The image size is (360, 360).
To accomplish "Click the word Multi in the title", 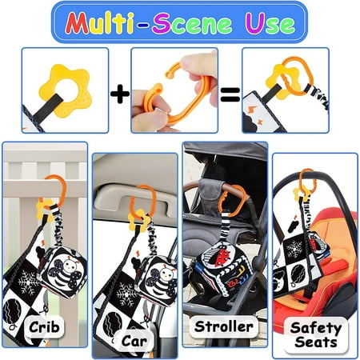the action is (x=100, y=23).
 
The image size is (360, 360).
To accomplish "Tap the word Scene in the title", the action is (x=192, y=23).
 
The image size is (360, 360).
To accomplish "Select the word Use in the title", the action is (x=270, y=23).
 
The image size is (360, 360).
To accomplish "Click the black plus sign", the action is (x=120, y=94).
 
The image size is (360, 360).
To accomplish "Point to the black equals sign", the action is (x=230, y=94).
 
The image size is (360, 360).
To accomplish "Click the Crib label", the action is (x=44, y=327).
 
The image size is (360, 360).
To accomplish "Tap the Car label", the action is (x=134, y=341).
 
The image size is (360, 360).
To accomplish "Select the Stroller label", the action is (x=223, y=326).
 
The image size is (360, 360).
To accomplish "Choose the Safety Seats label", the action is (x=316, y=335).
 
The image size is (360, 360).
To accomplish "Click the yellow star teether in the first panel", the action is (x=66, y=90).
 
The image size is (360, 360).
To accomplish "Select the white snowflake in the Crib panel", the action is (x=28, y=282).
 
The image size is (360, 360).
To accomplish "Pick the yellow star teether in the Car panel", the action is (x=138, y=220).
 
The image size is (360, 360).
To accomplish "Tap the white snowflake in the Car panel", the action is (x=126, y=294).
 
